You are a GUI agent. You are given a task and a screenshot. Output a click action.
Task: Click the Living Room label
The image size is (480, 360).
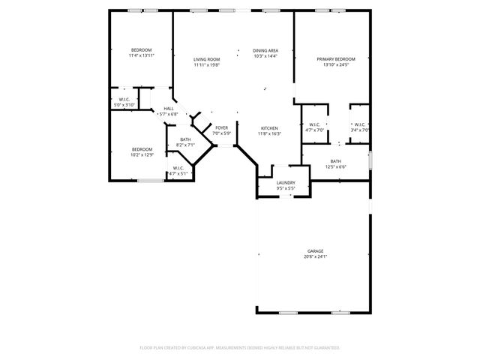point(206,59)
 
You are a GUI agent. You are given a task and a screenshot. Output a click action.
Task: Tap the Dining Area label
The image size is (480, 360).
point(265,50)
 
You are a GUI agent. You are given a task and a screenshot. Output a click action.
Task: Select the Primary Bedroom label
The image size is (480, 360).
point(335,59)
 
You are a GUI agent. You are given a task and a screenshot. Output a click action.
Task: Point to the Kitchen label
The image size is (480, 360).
point(269,128)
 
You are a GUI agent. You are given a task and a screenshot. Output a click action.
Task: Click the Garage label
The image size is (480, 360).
point(315,250)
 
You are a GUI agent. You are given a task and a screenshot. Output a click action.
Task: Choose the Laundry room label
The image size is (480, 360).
point(285,182)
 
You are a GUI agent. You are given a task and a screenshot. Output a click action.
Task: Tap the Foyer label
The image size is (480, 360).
point(221,128)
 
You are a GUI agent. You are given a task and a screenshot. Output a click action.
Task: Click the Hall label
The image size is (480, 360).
point(168,109)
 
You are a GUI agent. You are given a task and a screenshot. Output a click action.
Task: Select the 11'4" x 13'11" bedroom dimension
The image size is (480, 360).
point(141,55)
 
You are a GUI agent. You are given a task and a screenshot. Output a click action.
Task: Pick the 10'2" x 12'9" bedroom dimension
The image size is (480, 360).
point(142,154)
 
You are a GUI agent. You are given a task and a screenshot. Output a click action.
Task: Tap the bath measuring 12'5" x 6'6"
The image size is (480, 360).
point(335,166)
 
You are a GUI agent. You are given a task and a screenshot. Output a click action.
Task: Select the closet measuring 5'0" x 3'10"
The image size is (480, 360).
point(124,105)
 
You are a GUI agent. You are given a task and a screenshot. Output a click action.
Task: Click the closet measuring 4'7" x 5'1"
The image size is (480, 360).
point(178,173)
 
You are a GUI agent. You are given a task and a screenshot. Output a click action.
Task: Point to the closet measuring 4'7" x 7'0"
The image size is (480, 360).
point(313,130)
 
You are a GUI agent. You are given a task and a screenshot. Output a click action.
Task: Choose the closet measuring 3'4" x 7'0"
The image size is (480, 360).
point(359,130)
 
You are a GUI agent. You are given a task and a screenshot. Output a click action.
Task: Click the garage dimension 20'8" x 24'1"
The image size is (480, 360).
point(315,256)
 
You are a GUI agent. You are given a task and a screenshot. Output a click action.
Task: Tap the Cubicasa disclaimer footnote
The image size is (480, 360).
point(240,348)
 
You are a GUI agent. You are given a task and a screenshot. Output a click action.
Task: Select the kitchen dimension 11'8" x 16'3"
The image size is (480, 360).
point(269,133)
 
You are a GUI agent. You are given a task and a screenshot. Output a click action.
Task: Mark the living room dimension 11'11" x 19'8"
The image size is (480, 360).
point(206,65)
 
